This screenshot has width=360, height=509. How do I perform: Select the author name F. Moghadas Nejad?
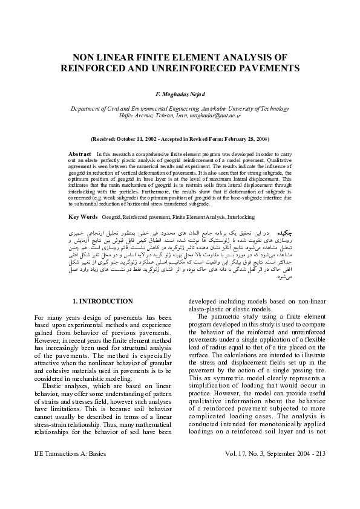(x=180, y=95)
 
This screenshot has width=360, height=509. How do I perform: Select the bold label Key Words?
(x=83, y=216)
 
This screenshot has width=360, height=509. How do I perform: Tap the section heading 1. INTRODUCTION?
(x=102, y=301)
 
